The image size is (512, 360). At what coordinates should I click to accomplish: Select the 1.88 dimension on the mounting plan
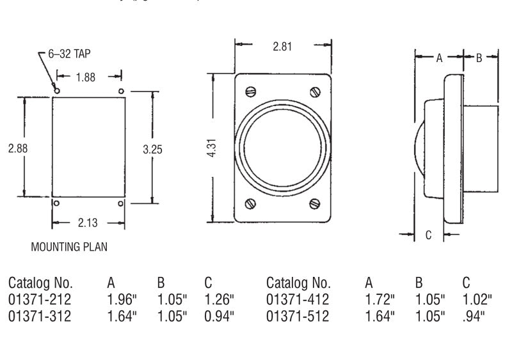(x=85, y=77)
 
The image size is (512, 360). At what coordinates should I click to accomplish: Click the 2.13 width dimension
(x=89, y=223)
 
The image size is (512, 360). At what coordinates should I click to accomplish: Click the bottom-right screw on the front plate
(x=314, y=204)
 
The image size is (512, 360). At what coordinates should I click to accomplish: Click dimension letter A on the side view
(x=439, y=58)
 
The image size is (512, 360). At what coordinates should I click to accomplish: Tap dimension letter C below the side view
(x=429, y=235)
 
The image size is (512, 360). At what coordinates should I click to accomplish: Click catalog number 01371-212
(x=40, y=299)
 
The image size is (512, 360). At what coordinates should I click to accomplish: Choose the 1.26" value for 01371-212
(x=220, y=299)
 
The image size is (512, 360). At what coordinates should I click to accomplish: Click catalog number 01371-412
(x=298, y=299)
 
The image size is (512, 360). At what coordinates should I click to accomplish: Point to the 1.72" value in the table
(x=380, y=299)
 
